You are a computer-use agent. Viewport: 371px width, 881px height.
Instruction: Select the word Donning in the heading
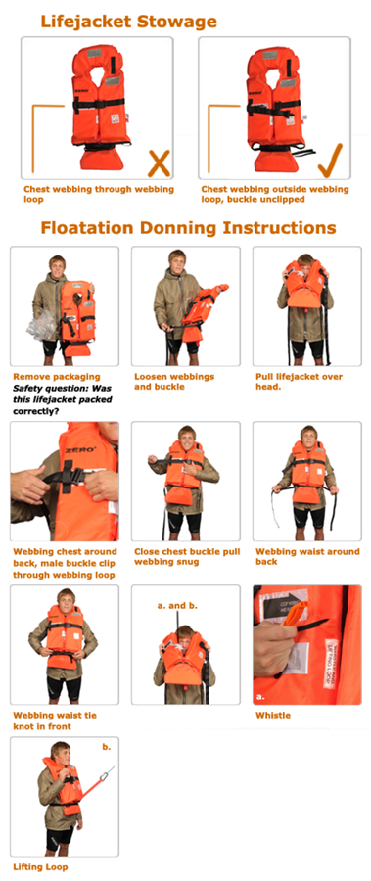(176, 227)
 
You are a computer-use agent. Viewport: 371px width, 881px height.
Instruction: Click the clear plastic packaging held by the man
(42, 325)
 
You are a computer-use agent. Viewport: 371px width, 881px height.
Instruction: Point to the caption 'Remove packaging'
(57, 377)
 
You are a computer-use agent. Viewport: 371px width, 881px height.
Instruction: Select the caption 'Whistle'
(273, 715)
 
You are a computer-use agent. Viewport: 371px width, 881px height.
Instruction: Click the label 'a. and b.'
(177, 606)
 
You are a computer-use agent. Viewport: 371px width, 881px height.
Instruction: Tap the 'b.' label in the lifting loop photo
(107, 747)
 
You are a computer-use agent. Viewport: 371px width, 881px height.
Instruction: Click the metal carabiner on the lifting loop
(104, 777)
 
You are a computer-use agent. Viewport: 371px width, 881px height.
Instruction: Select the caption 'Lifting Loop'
(40, 867)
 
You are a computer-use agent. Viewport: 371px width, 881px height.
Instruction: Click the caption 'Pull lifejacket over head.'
(299, 382)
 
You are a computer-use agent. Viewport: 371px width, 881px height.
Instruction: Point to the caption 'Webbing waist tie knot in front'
(55, 720)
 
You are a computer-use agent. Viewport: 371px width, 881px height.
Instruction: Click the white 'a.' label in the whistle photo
(260, 697)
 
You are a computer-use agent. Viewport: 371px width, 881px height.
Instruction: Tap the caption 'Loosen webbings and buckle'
(174, 382)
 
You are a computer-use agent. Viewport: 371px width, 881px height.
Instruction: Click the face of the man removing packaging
(57, 265)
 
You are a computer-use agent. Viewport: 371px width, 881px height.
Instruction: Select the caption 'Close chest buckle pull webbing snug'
(188, 557)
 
